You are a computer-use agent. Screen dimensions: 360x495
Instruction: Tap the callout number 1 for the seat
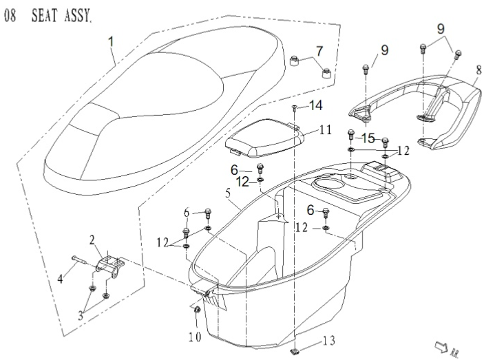coord(112,42)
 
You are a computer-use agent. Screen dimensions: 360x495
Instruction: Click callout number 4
coord(61,278)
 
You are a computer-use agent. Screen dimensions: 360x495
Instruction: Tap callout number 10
coord(196,337)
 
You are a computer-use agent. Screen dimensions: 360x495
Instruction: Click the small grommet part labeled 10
coord(195,314)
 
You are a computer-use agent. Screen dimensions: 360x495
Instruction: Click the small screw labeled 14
coord(295,108)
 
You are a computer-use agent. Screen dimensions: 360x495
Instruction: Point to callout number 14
coord(315,105)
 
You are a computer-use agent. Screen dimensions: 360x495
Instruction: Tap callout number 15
coord(368,137)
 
